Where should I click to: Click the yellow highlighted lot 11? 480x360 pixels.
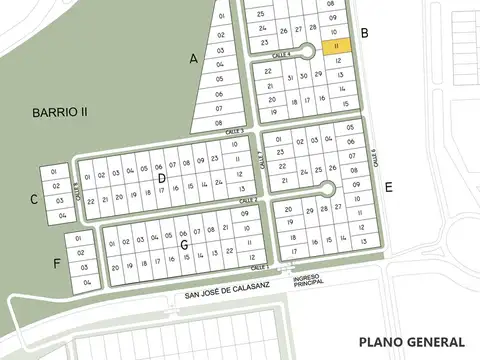click(x=338, y=45)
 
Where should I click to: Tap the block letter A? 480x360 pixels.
click(x=194, y=59)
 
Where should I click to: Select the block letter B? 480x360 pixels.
click(x=365, y=34)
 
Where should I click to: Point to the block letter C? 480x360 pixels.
click(x=34, y=199)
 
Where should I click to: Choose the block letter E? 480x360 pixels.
click(x=388, y=187)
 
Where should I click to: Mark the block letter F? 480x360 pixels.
click(x=57, y=263)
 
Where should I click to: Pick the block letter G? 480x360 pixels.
click(x=184, y=244)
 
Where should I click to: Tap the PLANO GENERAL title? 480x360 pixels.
click(x=410, y=341)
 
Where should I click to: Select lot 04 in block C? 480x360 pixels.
click(x=62, y=215)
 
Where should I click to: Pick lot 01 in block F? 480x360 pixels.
click(x=85, y=240)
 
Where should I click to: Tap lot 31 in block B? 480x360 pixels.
click(x=290, y=75)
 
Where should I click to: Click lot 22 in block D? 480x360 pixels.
click(x=91, y=200)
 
